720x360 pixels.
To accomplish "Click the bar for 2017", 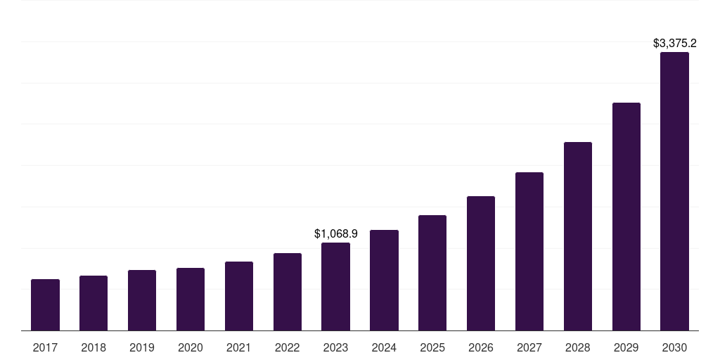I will [x=45, y=305].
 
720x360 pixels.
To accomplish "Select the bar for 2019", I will [x=142, y=300].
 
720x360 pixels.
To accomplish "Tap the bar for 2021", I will [x=239, y=296].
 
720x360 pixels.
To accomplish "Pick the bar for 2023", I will [x=335, y=287].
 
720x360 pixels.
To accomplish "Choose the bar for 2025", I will [x=432, y=273].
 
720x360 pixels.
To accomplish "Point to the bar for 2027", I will [x=529, y=252].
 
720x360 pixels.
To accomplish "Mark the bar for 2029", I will [x=626, y=217].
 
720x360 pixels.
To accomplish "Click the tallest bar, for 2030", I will [x=674, y=191].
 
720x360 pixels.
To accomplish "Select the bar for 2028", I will [x=578, y=236].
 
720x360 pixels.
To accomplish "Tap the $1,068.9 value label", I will [x=335, y=233].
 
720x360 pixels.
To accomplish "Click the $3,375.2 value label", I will [x=674, y=44].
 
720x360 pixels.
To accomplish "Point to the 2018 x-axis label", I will [x=94, y=347].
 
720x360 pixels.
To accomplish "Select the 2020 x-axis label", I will [x=191, y=347].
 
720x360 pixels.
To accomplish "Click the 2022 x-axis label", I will [x=287, y=347].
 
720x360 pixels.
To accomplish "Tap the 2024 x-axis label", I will [x=384, y=347].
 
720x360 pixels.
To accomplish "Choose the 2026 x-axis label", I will [x=481, y=347].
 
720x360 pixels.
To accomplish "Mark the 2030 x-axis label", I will [x=674, y=347].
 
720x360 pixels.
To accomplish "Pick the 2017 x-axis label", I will [x=45, y=347].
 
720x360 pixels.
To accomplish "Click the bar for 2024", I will [x=384, y=281].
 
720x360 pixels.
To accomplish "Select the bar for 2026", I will [x=481, y=264].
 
